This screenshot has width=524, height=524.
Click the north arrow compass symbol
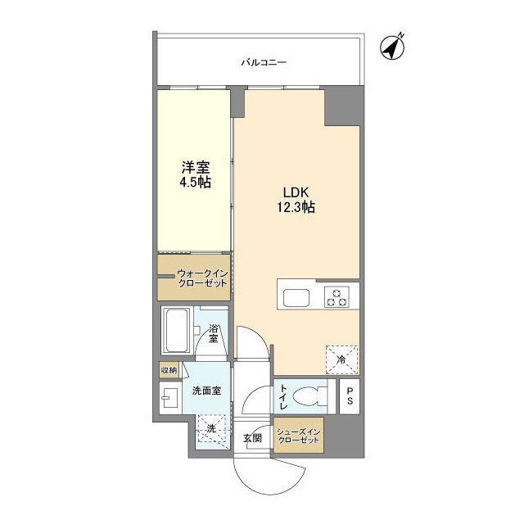(x=394, y=47)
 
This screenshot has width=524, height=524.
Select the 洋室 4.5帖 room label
(x=196, y=174)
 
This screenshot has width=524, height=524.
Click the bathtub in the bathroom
(x=176, y=332)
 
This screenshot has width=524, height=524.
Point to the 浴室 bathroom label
(x=214, y=333)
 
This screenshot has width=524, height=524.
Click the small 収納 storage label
(x=169, y=370)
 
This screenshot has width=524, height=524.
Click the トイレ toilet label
(x=282, y=397)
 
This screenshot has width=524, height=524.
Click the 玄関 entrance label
(x=253, y=439)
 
